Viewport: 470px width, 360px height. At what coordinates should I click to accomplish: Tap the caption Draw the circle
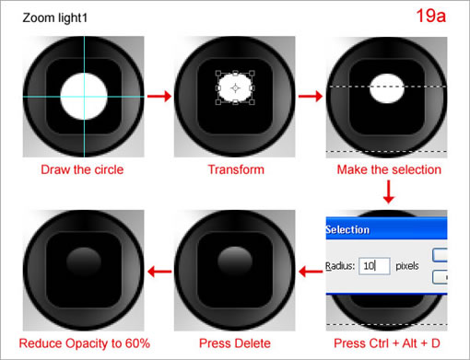[x=81, y=169]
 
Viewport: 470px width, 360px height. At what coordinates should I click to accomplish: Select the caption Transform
[x=235, y=169]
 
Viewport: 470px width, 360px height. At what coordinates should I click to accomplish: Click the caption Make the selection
[x=388, y=169]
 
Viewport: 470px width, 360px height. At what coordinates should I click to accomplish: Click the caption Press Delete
[x=235, y=343]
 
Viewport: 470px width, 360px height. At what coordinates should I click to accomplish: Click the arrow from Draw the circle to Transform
[x=159, y=96]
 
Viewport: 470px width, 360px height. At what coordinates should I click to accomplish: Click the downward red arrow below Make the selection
[x=388, y=192]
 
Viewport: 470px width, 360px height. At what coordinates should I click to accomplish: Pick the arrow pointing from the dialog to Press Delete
[x=311, y=271]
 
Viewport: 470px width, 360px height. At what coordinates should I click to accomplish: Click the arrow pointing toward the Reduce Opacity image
[x=159, y=271]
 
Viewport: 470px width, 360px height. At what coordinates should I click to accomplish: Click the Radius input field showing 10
[x=374, y=266]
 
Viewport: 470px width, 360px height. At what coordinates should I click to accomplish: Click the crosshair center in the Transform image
[x=235, y=87]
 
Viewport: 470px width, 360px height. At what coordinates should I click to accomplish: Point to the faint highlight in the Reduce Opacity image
[x=82, y=257]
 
